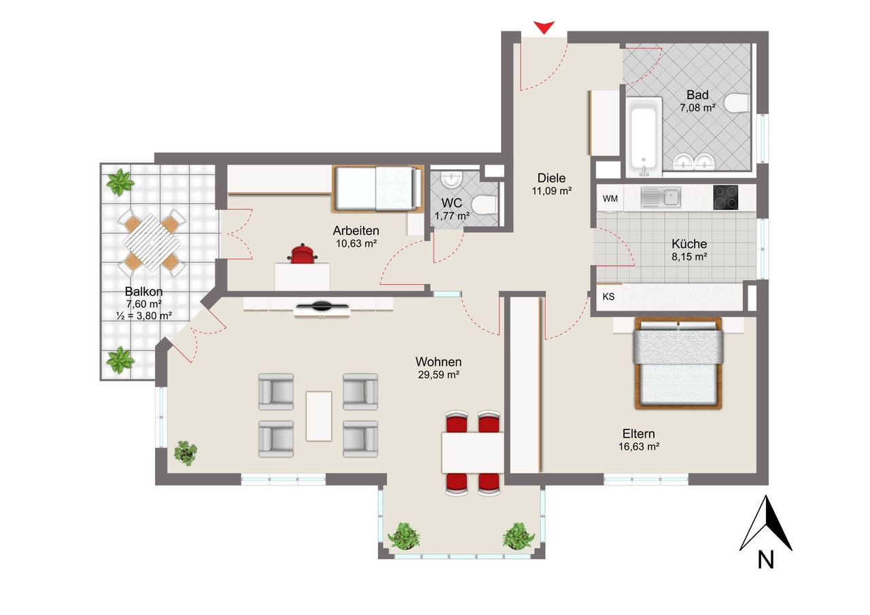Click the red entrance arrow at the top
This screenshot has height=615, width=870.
click(x=543, y=27)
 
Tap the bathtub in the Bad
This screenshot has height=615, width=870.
click(x=642, y=136)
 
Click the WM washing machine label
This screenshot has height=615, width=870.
click(x=610, y=198)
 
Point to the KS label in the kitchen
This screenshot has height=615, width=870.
click(x=609, y=297)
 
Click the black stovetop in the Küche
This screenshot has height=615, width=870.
click(x=725, y=197)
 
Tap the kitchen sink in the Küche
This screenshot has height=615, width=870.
click(x=660, y=198)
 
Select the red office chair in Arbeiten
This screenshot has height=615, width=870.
click(x=302, y=255)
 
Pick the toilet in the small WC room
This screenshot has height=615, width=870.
click(x=484, y=205)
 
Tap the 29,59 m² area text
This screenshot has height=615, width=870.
click(x=438, y=374)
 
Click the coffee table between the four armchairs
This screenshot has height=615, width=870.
click(x=319, y=416)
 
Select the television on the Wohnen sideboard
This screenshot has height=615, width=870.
click(x=322, y=307)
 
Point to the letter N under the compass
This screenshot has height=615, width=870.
click(x=766, y=559)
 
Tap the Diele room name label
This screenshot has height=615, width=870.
click(x=551, y=178)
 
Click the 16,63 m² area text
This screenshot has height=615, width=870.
click(x=639, y=446)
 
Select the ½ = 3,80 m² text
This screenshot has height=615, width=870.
click(x=143, y=315)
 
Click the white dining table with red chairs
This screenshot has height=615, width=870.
click(x=472, y=453)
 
